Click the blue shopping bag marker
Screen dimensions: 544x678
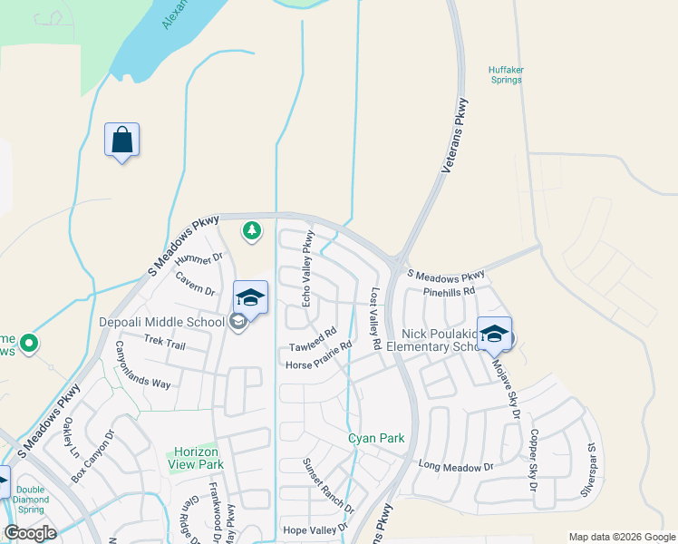click(121, 141)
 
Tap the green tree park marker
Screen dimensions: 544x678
click(252, 232)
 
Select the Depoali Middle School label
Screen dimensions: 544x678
click(161, 322)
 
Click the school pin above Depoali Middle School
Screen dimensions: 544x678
click(251, 296)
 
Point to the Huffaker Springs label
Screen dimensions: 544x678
click(505, 74)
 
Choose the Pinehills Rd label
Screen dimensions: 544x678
click(450, 292)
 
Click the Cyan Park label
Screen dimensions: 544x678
click(376, 439)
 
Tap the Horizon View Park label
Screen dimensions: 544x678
click(195, 458)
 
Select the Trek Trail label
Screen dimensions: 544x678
click(164, 344)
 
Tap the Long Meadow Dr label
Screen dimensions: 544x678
click(455, 466)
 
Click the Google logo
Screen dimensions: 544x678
click(30, 533)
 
